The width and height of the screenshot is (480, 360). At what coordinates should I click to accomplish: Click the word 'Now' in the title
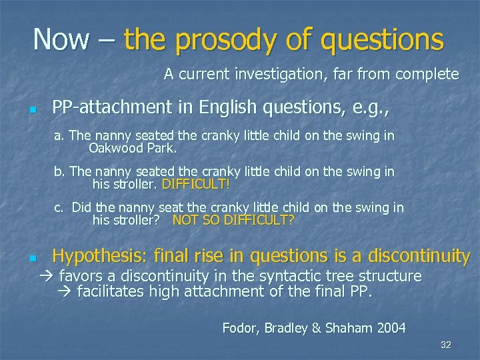61,39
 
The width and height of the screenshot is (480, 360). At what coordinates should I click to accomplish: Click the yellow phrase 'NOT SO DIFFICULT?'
233,220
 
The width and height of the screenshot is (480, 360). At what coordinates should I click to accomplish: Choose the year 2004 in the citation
391,327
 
